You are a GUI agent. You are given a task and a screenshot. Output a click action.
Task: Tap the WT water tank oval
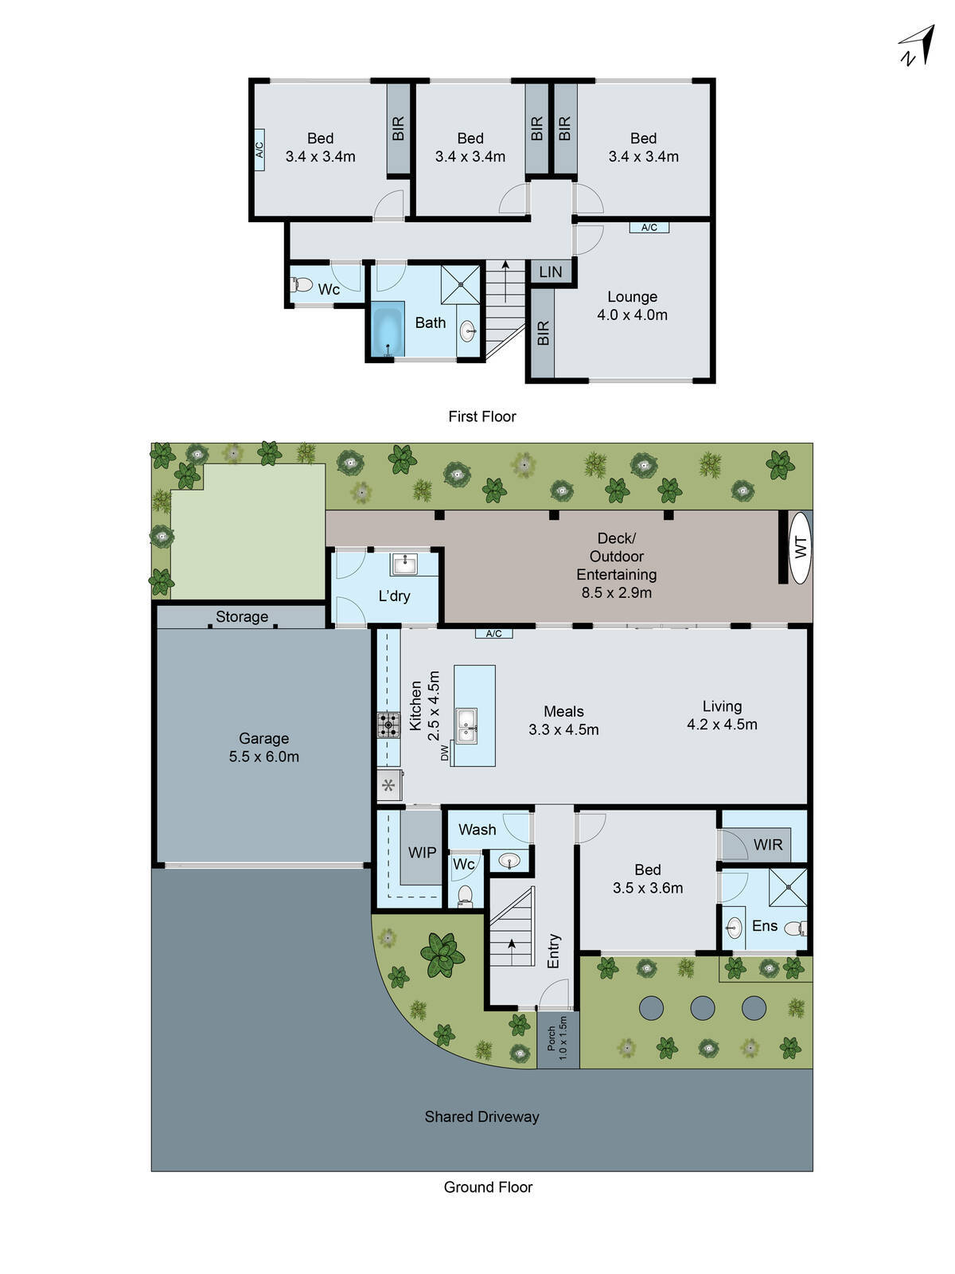click(801, 548)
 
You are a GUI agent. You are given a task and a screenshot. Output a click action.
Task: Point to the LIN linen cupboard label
click(551, 272)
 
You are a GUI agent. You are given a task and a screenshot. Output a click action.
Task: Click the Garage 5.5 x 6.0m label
click(263, 748)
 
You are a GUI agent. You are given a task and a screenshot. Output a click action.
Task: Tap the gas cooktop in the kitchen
click(388, 725)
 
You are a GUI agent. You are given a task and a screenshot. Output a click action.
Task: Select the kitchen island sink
click(467, 725)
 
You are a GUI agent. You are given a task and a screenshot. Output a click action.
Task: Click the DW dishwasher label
click(445, 752)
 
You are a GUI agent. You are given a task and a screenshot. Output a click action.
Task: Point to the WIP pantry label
click(422, 853)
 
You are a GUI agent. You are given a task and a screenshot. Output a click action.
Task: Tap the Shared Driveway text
click(481, 1117)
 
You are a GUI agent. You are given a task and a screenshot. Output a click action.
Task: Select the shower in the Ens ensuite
click(788, 888)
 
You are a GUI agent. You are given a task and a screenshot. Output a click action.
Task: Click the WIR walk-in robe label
click(768, 845)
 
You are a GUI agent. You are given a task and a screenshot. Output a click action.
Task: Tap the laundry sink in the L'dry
click(404, 565)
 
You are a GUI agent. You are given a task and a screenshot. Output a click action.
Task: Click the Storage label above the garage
click(242, 617)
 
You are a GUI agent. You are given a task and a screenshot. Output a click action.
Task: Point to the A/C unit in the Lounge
click(649, 228)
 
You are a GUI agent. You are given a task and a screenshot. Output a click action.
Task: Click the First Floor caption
click(481, 416)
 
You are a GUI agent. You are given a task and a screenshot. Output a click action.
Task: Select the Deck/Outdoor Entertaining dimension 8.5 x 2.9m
click(617, 592)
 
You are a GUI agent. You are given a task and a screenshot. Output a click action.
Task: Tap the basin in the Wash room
click(509, 860)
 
